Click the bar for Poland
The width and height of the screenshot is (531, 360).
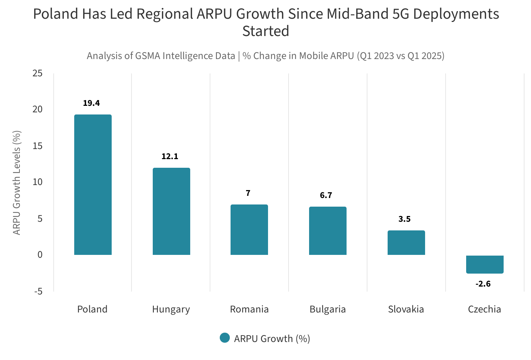click(93, 185)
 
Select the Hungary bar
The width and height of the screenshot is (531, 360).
click(171, 211)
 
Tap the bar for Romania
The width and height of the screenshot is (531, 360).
click(249, 230)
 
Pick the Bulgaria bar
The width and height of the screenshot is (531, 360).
click(328, 231)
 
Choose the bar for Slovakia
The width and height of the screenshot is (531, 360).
click(406, 243)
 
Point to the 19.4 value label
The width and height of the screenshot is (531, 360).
click(92, 103)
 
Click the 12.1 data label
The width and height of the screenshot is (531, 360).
click(170, 157)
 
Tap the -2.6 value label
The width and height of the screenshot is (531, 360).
click(483, 284)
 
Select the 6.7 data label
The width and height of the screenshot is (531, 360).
click(326, 195)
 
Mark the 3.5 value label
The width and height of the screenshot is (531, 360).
click(405, 219)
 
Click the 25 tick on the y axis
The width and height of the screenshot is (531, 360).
click(37, 73)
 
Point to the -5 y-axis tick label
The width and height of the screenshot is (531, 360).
click(38, 291)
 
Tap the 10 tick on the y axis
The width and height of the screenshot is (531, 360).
click(37, 182)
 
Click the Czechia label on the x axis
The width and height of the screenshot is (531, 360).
click(485, 309)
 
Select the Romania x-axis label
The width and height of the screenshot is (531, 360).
click(249, 309)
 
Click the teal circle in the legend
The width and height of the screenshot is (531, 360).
click(225, 338)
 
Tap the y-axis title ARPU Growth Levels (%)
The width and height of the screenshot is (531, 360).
click(17, 183)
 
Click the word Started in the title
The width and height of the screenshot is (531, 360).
click(265, 31)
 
